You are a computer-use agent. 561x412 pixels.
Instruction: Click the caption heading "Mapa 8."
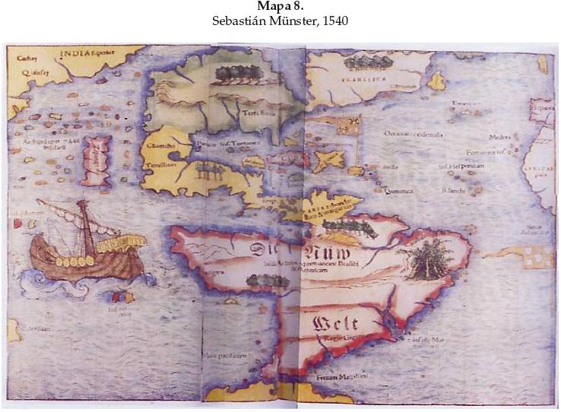point(280,7)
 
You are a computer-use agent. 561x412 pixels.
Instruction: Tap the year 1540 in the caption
point(335,21)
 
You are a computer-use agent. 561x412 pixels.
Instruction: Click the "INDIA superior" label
point(84,54)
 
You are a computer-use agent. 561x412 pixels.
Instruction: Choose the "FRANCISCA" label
point(363,78)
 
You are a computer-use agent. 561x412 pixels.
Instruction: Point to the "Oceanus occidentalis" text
point(414,134)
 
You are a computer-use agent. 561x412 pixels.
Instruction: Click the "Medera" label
point(498,138)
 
